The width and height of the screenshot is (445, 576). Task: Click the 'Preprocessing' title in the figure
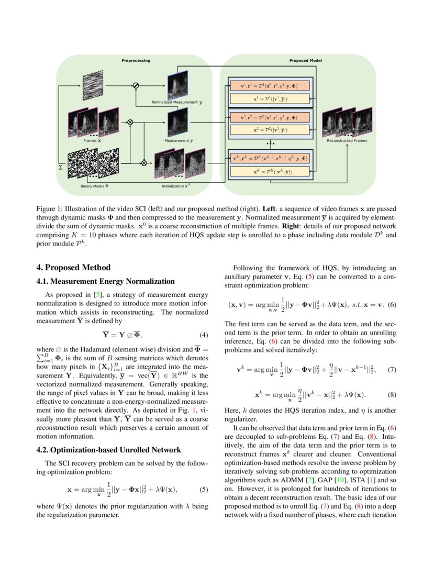pyautogui.click(x=136, y=61)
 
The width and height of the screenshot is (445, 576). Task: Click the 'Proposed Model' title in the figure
pyautogui.click(x=305, y=61)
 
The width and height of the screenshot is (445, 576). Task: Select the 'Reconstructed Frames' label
pyautogui.click(x=347, y=141)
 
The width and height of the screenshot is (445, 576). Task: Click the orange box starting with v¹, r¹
pyautogui.click(x=269, y=85)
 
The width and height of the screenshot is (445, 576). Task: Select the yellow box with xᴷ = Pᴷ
pyautogui.click(x=269, y=171)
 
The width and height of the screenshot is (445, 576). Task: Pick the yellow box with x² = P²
pyautogui.click(x=269, y=129)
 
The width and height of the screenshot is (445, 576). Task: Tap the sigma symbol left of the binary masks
pyautogui.click(x=61, y=167)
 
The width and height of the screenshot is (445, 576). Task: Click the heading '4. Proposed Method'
pyautogui.click(x=74, y=268)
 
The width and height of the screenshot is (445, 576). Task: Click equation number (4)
pyautogui.click(x=206, y=335)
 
